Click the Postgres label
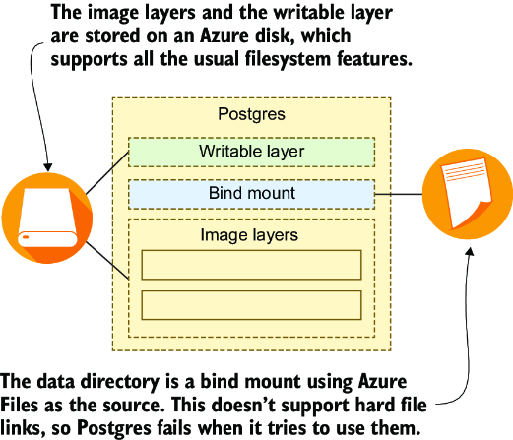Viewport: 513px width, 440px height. point(251,114)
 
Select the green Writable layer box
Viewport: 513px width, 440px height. point(251,152)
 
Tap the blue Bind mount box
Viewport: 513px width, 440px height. point(251,194)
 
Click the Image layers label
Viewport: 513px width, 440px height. point(249,235)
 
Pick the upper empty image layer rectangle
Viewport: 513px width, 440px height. point(251,265)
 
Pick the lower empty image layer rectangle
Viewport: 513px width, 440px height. point(251,305)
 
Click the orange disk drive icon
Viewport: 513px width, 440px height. point(47,218)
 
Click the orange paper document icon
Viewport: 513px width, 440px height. point(467,194)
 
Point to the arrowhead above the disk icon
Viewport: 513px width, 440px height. point(48,167)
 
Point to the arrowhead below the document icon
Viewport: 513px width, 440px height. point(470,251)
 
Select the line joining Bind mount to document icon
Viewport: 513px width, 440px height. point(399,194)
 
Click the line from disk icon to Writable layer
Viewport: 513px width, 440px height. point(107,173)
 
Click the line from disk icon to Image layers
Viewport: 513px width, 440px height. point(107,261)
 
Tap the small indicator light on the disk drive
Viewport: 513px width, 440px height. point(26,237)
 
